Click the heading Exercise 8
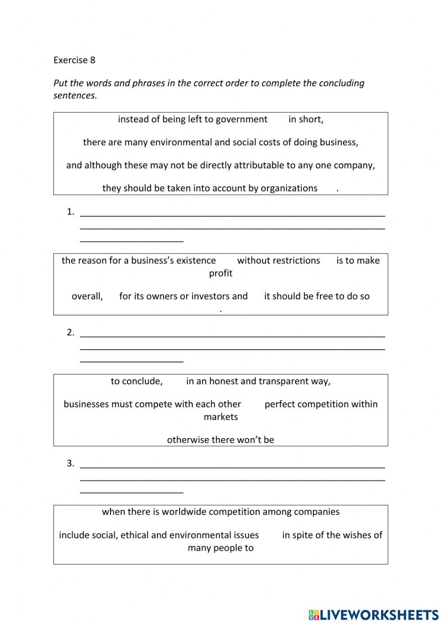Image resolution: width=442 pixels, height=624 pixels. click(74, 60)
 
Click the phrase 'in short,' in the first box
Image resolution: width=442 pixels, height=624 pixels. click(306, 119)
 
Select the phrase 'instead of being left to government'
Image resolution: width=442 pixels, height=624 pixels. click(192, 119)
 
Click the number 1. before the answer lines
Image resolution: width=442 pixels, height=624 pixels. click(70, 212)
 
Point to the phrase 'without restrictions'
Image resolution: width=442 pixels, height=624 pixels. click(278, 261)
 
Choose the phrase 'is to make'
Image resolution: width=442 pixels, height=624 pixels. click(358, 261)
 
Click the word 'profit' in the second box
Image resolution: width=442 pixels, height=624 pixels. click(221, 273)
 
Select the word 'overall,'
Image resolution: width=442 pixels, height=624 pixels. click(87, 296)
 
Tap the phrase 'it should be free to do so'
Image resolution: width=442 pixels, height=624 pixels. click(316, 296)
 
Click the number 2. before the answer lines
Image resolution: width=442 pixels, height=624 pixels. click(70, 333)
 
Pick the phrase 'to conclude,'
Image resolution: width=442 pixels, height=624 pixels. click(137, 381)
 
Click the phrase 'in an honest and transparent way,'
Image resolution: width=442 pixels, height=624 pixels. click(258, 381)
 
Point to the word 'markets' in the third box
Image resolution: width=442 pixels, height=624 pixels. click(221, 417)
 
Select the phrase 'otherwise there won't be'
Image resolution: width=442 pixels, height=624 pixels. click(221, 440)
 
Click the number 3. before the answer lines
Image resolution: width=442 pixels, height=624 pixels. click(70, 464)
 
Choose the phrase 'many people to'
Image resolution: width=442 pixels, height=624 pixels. click(221, 548)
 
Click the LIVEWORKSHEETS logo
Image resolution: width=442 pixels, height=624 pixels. click(373, 615)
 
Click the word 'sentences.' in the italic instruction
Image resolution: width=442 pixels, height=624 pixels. click(75, 95)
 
